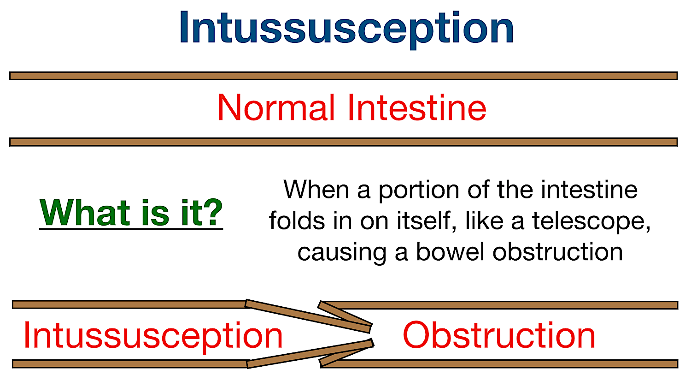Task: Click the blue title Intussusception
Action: [346, 29]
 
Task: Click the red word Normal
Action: [276, 108]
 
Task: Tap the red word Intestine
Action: [417, 108]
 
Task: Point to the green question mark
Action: [213, 213]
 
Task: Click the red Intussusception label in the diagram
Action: [153, 336]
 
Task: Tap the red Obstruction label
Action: [499, 335]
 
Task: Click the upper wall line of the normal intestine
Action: [343, 76]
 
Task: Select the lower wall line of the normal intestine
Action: [343, 142]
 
